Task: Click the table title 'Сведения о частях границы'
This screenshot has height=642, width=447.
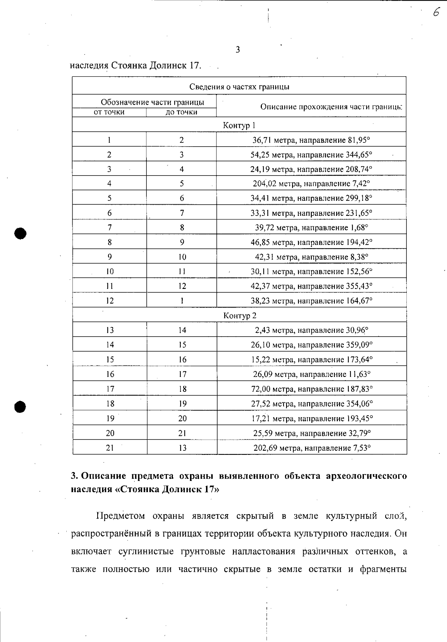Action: tap(239, 87)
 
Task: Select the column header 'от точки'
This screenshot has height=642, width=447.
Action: tap(109, 112)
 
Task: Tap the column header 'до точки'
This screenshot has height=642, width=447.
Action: tap(181, 112)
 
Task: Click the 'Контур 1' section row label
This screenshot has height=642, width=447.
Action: tap(239, 125)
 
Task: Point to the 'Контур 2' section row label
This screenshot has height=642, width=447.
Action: tap(240, 315)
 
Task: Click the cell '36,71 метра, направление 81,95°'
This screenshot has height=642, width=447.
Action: tap(311, 140)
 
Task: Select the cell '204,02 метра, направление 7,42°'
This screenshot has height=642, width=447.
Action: tap(311, 183)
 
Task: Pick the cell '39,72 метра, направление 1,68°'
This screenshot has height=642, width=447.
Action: tap(311, 227)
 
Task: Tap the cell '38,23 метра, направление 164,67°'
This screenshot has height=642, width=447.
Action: tap(311, 300)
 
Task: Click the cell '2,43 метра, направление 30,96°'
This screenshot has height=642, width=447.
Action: tap(311, 330)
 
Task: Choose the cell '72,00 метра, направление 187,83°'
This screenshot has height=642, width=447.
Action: tap(312, 389)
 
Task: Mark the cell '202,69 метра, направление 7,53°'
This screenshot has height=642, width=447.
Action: tap(312, 448)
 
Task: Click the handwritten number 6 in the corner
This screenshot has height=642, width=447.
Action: tap(437, 13)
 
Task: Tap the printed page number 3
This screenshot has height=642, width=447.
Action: tap(238, 50)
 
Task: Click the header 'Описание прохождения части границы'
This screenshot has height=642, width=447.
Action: tap(331, 107)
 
